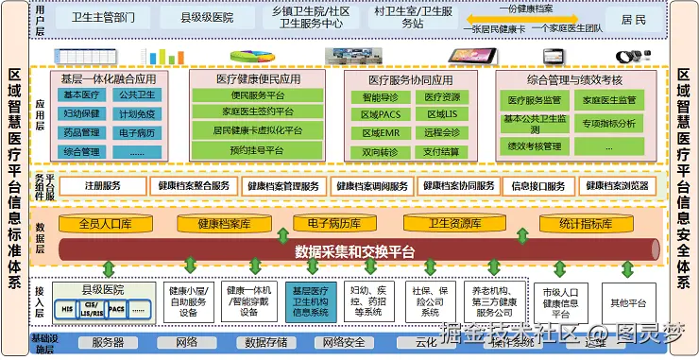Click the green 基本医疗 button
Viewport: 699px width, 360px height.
click(x=82, y=94)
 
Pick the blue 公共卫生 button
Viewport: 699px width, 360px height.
click(x=137, y=94)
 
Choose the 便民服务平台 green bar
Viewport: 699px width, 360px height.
click(x=251, y=95)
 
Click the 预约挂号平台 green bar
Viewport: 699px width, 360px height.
click(x=251, y=150)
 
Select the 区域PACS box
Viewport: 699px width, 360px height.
click(x=381, y=114)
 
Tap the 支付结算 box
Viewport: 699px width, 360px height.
click(x=441, y=150)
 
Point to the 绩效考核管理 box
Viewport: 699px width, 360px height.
click(x=535, y=146)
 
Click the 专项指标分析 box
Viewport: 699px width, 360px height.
click(x=608, y=123)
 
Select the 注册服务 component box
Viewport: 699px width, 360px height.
click(x=103, y=186)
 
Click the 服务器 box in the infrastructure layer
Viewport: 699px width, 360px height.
click(x=108, y=342)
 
